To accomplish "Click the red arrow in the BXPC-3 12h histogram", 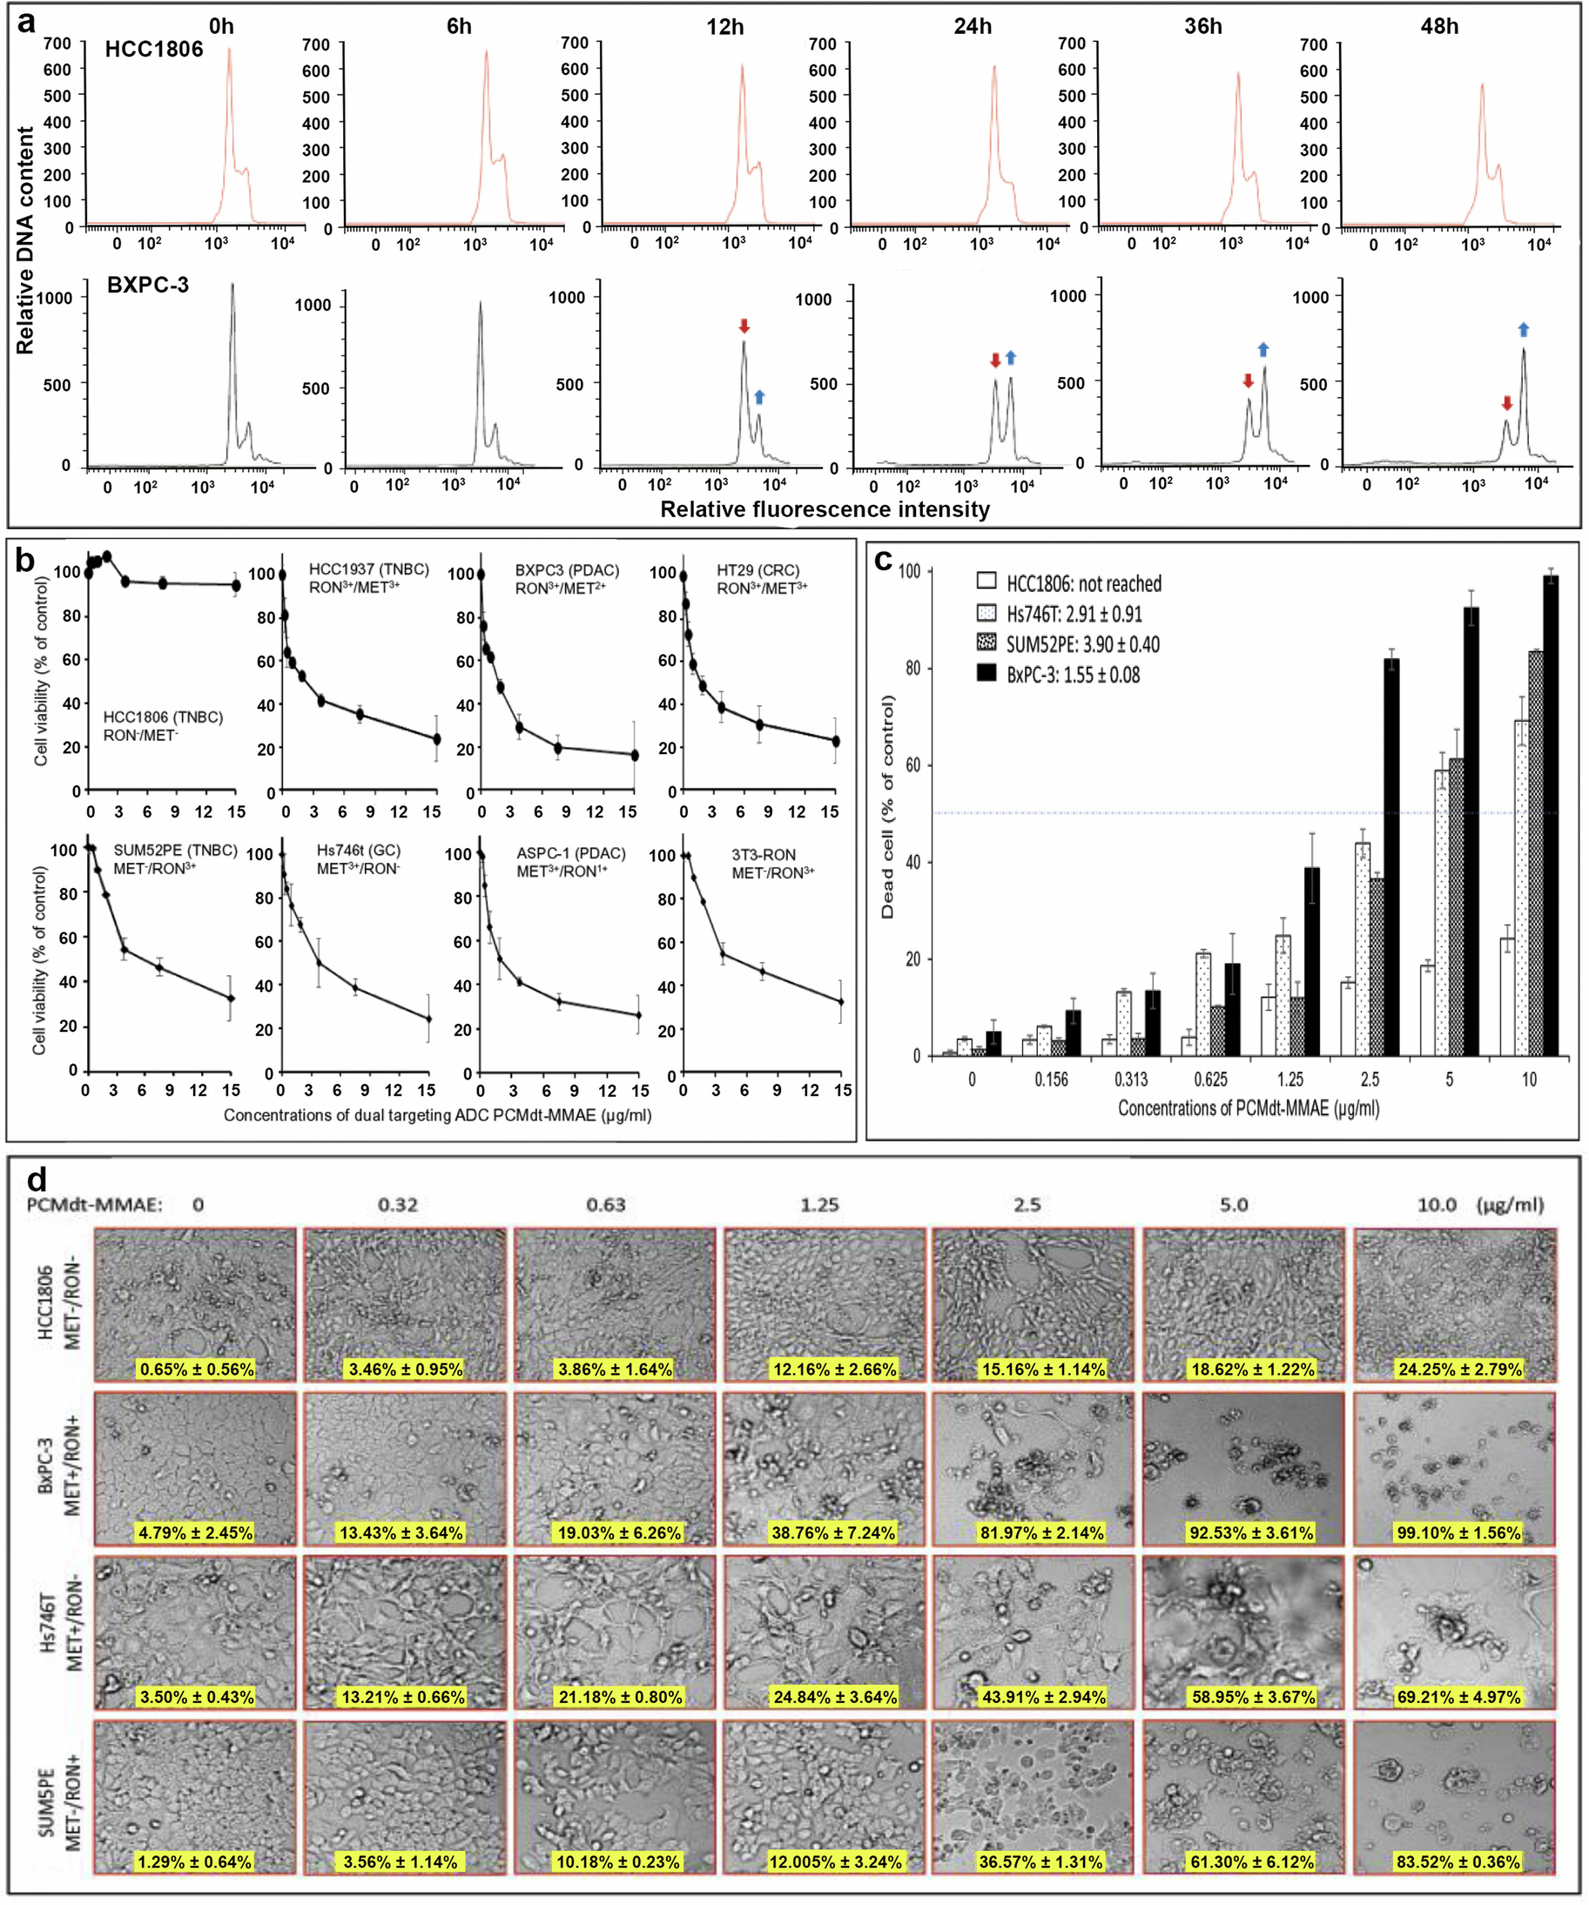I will [x=744, y=326].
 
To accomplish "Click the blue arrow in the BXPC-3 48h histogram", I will [x=1523, y=329].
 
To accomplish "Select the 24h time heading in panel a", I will [x=972, y=26].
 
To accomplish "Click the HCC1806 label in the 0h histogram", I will [x=154, y=49].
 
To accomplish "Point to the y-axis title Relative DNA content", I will [x=25, y=239].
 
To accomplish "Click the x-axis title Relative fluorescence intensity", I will [x=825, y=510].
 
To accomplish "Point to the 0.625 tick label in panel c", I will [x=1210, y=1080].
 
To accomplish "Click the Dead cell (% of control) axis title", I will [x=887, y=806].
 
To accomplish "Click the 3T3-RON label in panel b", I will [x=764, y=854].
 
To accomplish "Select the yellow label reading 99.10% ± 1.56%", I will [x=1458, y=1532].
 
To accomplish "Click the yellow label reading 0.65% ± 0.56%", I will [x=196, y=1369].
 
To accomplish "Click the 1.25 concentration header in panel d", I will [x=819, y=1205].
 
